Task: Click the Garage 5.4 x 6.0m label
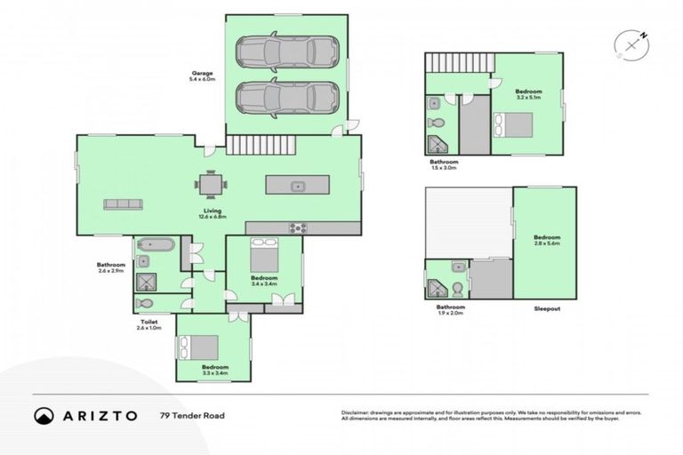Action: click(x=203, y=76)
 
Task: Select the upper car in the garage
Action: click(x=286, y=52)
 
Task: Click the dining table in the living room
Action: click(x=211, y=185)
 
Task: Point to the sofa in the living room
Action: click(x=124, y=204)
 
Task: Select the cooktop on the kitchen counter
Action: click(x=296, y=227)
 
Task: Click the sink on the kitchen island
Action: click(x=298, y=186)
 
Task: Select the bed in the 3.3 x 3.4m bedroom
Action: click(x=202, y=346)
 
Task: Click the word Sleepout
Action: click(x=546, y=307)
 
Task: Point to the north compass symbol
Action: click(x=631, y=44)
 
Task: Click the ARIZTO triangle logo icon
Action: click(x=44, y=415)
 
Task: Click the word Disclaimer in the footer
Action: click(x=357, y=411)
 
